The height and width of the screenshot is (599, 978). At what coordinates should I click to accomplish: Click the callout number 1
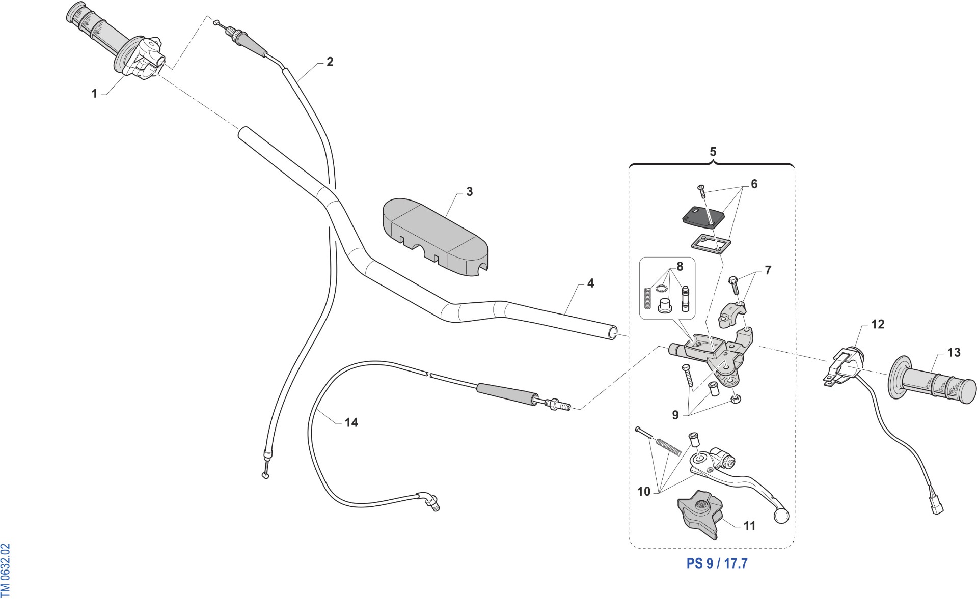tap(94, 94)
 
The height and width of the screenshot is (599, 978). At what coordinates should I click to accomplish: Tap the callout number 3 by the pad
tap(469, 192)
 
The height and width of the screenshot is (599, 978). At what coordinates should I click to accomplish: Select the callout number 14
tap(351, 422)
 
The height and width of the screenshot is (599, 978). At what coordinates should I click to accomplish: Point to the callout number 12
tap(878, 324)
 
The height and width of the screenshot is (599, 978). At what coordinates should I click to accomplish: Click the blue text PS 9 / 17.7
tap(717, 563)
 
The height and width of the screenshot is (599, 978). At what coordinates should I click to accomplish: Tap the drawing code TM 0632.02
tap(6, 570)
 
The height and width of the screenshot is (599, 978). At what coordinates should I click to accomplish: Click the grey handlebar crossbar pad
tap(436, 238)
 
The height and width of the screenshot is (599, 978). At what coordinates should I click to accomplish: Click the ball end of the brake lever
tap(781, 517)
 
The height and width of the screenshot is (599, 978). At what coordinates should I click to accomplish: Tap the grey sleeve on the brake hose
tap(507, 394)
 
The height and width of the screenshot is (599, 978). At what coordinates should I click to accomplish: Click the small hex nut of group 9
tap(735, 399)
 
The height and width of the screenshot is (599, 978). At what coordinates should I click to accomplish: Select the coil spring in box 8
tap(648, 298)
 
